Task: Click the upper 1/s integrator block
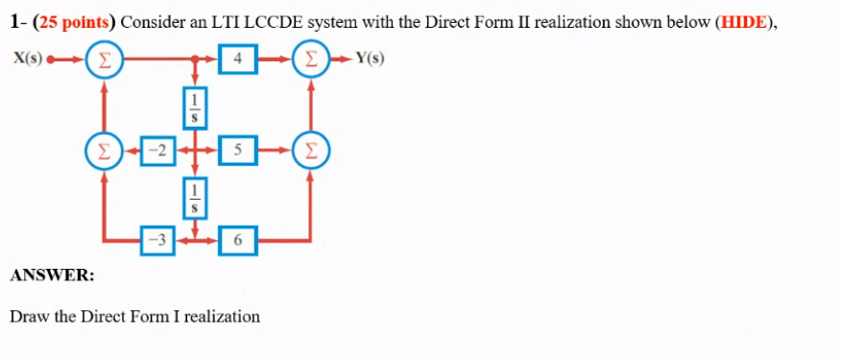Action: [195, 105]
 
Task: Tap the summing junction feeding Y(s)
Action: [309, 60]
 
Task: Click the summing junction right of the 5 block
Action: [309, 149]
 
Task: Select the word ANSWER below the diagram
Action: [52, 276]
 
